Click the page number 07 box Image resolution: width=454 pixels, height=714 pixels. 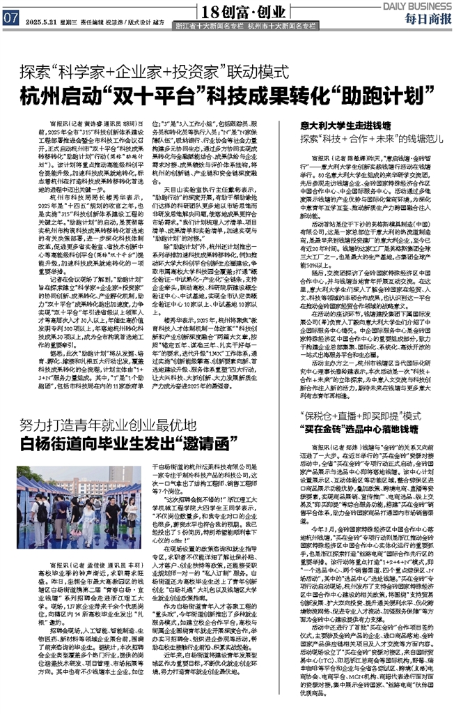(10, 19)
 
